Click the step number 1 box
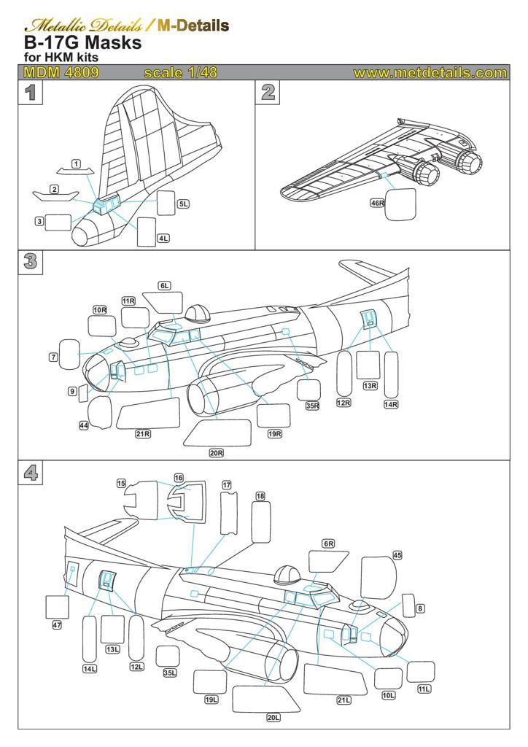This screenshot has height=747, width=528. point(30,93)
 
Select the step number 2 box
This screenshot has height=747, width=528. point(268,93)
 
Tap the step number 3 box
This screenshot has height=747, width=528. point(30,262)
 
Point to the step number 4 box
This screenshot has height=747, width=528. point(30,473)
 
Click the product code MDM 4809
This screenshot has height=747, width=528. point(61,73)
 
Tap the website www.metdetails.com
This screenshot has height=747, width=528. point(430,73)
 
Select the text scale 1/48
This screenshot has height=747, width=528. point(180,73)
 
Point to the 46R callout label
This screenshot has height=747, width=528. point(377,204)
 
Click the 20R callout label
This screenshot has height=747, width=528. point(216,453)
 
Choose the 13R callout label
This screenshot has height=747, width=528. point(370,385)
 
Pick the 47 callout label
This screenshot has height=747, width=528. point(57,625)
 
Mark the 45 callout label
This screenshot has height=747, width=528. point(397,555)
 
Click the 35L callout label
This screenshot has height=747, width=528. point(169,673)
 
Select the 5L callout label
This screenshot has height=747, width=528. point(183,204)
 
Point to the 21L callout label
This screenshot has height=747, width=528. point(343,700)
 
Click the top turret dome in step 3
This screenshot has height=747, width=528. point(197,314)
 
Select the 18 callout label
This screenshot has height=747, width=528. point(260,496)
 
